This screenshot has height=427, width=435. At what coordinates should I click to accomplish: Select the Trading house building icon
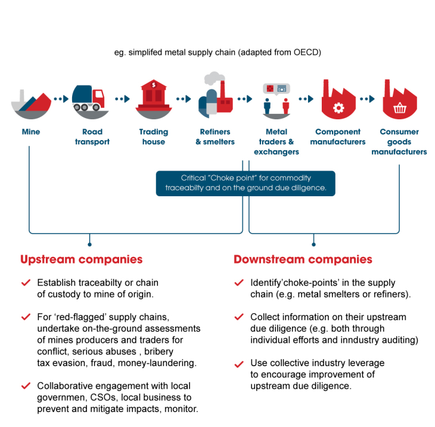tap(154, 98)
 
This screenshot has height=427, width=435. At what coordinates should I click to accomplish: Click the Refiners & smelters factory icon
tap(215, 95)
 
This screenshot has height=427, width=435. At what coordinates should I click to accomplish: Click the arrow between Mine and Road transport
tap(60, 99)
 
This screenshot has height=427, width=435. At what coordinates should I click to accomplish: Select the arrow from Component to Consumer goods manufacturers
tap(368, 99)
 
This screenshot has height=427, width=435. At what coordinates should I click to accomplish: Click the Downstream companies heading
tap(303, 259)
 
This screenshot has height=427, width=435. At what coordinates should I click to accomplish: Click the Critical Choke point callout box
tap(246, 183)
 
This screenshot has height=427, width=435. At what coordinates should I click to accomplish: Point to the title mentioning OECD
tap(218, 52)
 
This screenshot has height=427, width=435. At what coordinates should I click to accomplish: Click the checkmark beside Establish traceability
tap(25, 283)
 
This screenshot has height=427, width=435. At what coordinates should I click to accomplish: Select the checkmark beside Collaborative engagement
tap(25, 386)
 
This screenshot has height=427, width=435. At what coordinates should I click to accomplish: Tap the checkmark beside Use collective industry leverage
tap(239, 363)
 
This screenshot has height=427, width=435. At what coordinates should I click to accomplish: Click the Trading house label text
tap(154, 137)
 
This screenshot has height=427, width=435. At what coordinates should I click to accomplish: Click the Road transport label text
tap(92, 137)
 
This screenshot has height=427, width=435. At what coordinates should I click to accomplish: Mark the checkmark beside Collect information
tap(239, 317)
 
